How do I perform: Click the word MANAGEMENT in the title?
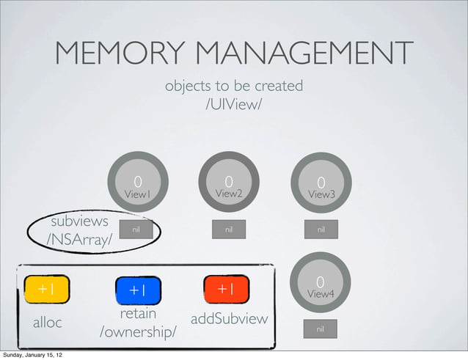[x=307, y=53]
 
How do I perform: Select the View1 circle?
[x=137, y=183]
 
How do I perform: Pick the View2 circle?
[x=229, y=183]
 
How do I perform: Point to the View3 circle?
[x=321, y=183]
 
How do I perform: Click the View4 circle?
[x=320, y=283]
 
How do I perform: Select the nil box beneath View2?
[x=229, y=229]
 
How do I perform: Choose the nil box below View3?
[x=321, y=229]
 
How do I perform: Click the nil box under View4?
[x=320, y=329]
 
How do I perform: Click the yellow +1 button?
[x=46, y=289]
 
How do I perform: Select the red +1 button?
[x=227, y=289]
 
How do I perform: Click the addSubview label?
[x=229, y=320]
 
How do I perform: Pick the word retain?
[x=138, y=315]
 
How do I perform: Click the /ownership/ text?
[x=138, y=333]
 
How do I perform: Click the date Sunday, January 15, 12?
[x=34, y=355]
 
